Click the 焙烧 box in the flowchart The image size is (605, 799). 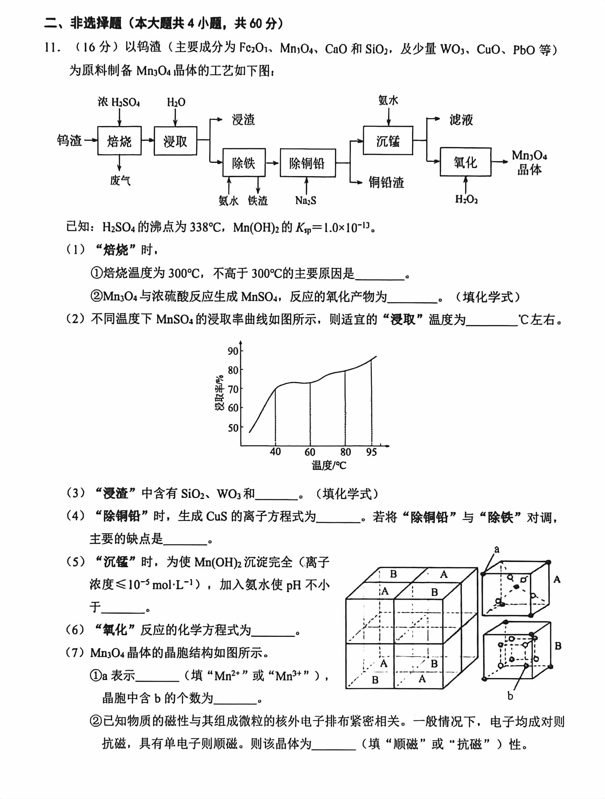click(119, 141)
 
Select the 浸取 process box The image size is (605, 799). click(175, 141)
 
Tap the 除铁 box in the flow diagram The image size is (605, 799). click(244, 163)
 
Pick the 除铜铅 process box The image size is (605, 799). click(307, 163)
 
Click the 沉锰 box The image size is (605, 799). click(388, 140)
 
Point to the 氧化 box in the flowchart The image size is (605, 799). click(465, 162)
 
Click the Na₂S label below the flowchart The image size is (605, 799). click(306, 200)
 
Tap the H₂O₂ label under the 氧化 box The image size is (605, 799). click(466, 199)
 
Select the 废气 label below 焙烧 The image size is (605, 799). click(120, 180)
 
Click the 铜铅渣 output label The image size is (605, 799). click(386, 182)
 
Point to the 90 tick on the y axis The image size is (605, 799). click(233, 350)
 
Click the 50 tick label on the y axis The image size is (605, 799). click(233, 428)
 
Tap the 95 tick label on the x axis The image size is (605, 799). click(371, 452)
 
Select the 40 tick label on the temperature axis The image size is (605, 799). click(275, 452)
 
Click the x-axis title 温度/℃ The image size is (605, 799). click(329, 465)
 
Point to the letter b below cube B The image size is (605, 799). click(510, 696)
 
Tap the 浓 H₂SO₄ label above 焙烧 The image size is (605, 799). click(119, 102)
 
